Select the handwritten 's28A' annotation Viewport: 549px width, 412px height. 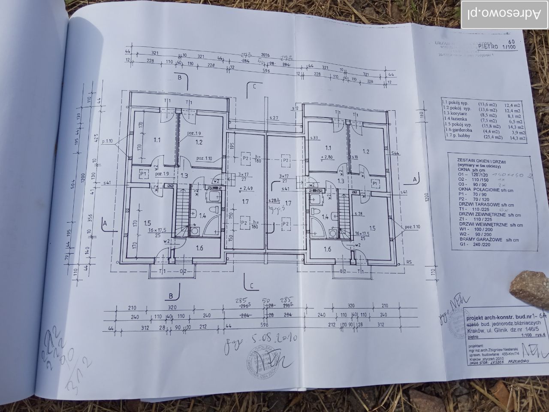click(273, 200)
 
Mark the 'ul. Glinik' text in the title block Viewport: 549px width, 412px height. click(485, 332)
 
